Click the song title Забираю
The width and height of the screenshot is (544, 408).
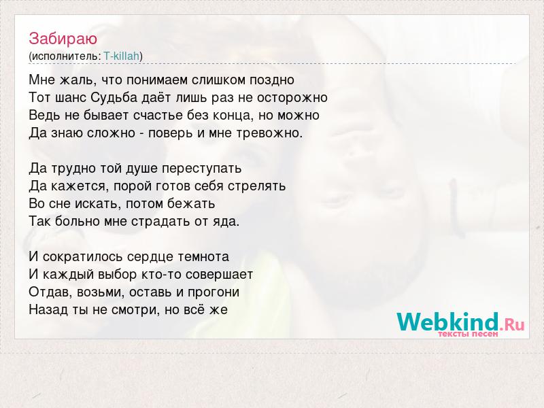coord(63,39)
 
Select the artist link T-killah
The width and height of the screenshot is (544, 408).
coord(122,56)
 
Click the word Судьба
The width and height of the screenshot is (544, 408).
coord(114,98)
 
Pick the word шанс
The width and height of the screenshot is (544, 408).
coord(71,98)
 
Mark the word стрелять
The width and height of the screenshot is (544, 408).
coord(257,186)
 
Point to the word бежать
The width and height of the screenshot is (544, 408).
coord(191,203)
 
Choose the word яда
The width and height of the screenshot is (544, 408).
coord(226,222)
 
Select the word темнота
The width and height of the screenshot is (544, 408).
coord(203,257)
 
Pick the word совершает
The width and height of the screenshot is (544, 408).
coord(219,275)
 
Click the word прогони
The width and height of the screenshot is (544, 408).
coord(214,292)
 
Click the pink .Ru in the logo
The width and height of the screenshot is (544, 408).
coord(512,324)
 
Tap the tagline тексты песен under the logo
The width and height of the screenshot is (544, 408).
coord(468,334)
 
